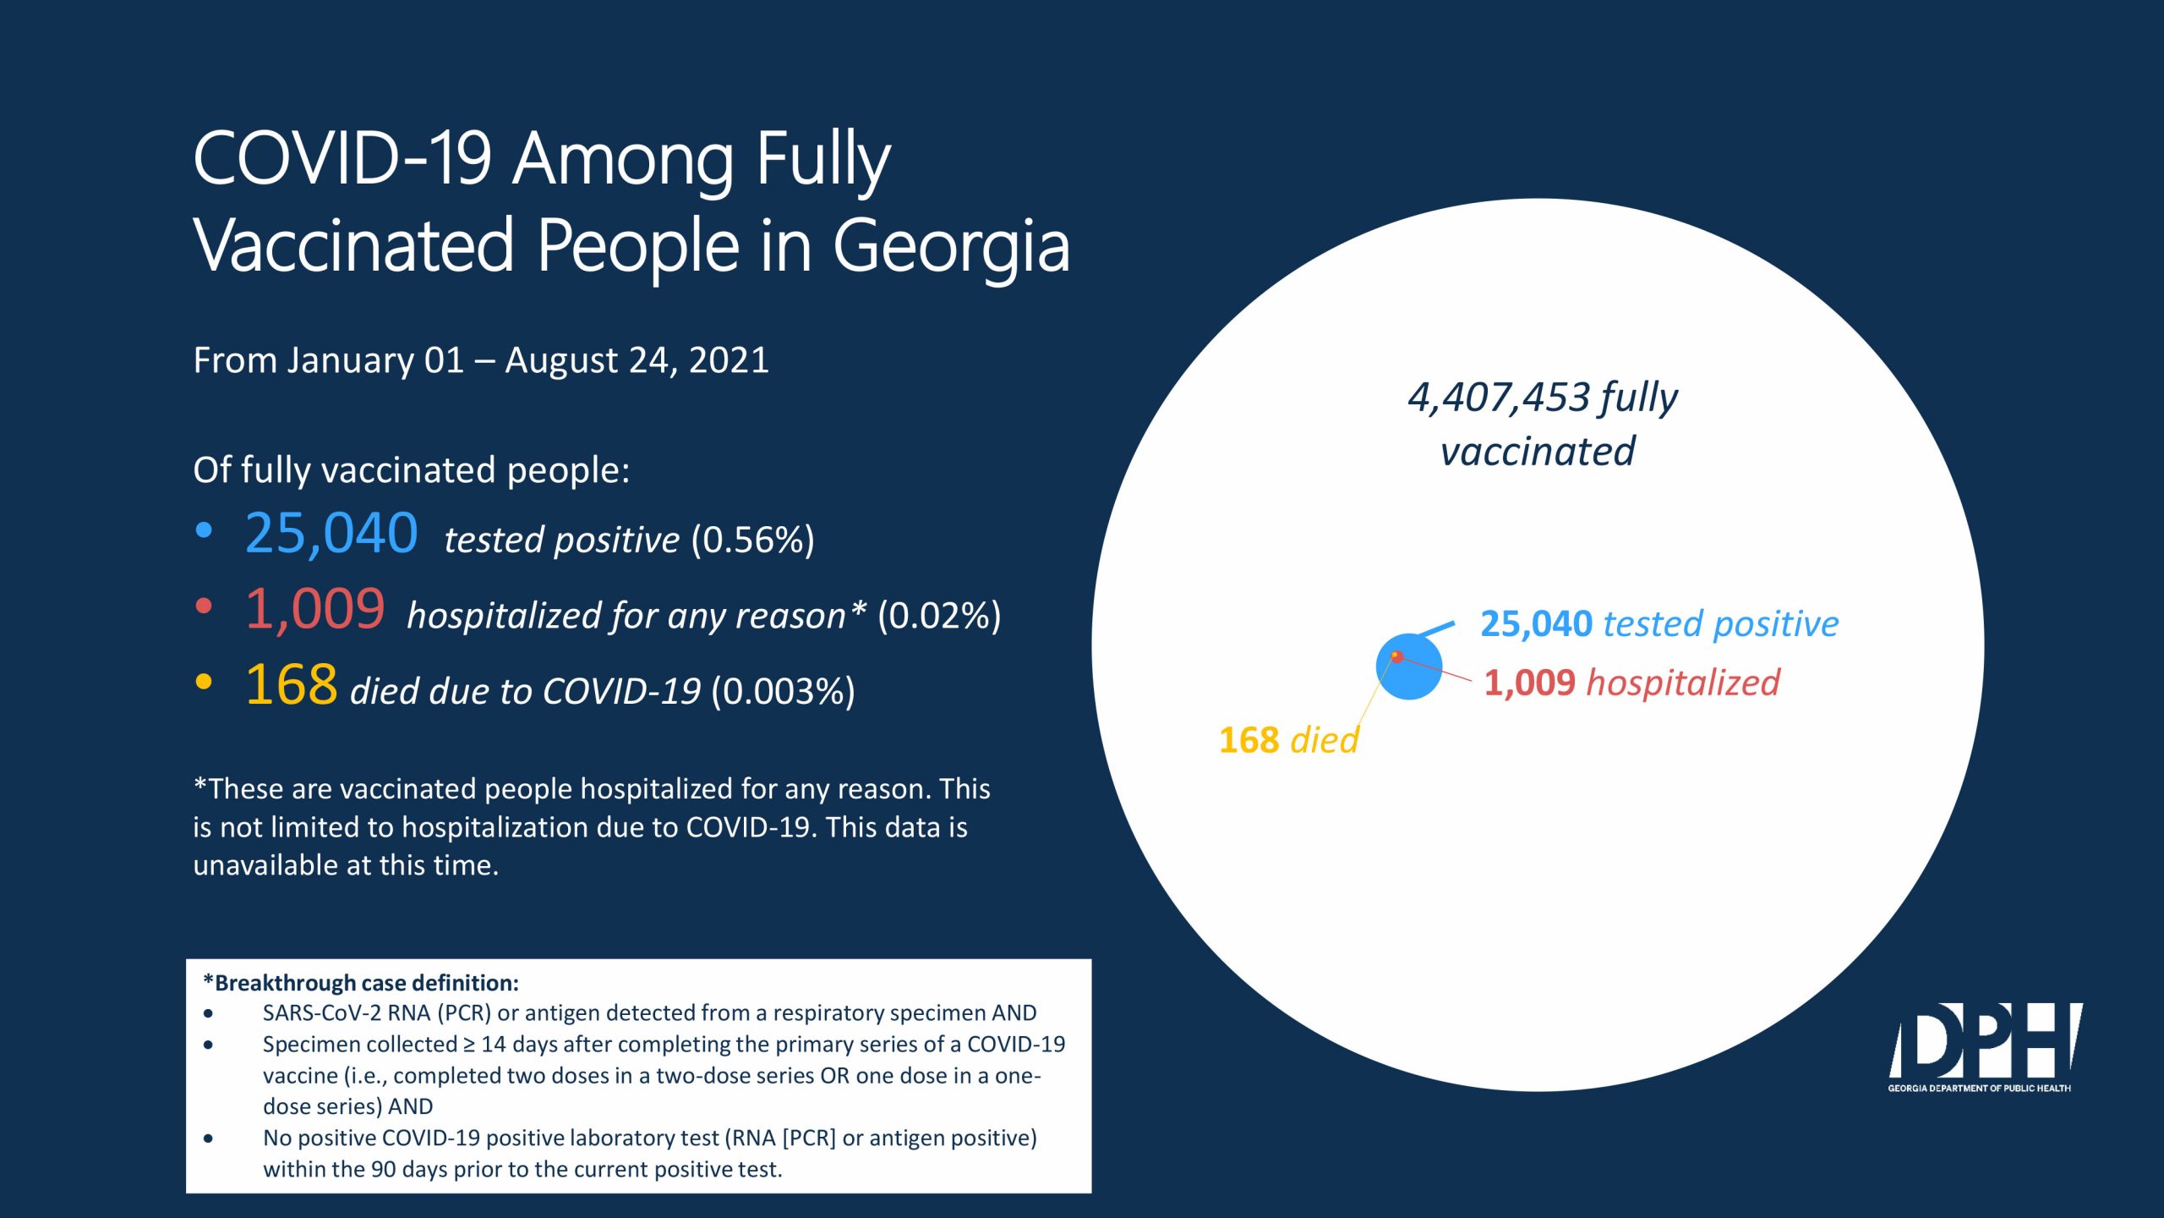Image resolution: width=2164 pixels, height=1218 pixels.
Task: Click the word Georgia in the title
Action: pyautogui.click(x=952, y=247)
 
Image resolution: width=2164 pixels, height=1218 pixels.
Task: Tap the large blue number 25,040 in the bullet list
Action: pyautogui.click(x=331, y=534)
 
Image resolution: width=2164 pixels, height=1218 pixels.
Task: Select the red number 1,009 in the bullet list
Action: pyautogui.click(x=314, y=610)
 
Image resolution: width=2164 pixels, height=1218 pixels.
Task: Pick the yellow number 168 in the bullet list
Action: pyautogui.click(x=292, y=684)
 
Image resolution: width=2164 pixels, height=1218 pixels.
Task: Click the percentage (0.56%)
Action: pyautogui.click(x=752, y=540)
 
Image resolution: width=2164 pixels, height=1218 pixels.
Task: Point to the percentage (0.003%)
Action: pyautogui.click(x=783, y=691)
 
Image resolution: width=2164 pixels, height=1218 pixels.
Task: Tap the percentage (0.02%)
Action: pyautogui.click(x=939, y=616)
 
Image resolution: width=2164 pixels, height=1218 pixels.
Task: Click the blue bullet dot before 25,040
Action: pyautogui.click(x=204, y=530)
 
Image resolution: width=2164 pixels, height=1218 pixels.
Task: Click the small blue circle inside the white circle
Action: pyautogui.click(x=1409, y=667)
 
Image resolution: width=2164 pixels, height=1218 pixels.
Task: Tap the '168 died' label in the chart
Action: pyautogui.click(x=1288, y=740)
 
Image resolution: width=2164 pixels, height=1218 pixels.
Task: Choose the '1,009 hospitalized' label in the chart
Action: pyautogui.click(x=1631, y=683)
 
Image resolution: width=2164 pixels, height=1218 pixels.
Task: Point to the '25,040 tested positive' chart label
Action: pyautogui.click(x=1659, y=624)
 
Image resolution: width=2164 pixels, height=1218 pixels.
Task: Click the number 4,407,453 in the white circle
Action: pyautogui.click(x=1499, y=398)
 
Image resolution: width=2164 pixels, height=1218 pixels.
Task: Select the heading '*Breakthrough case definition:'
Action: pyautogui.click(x=361, y=983)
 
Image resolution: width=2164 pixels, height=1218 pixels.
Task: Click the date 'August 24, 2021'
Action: pyautogui.click(x=637, y=360)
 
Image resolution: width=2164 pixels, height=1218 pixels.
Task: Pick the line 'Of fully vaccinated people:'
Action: pyautogui.click(x=412, y=470)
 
